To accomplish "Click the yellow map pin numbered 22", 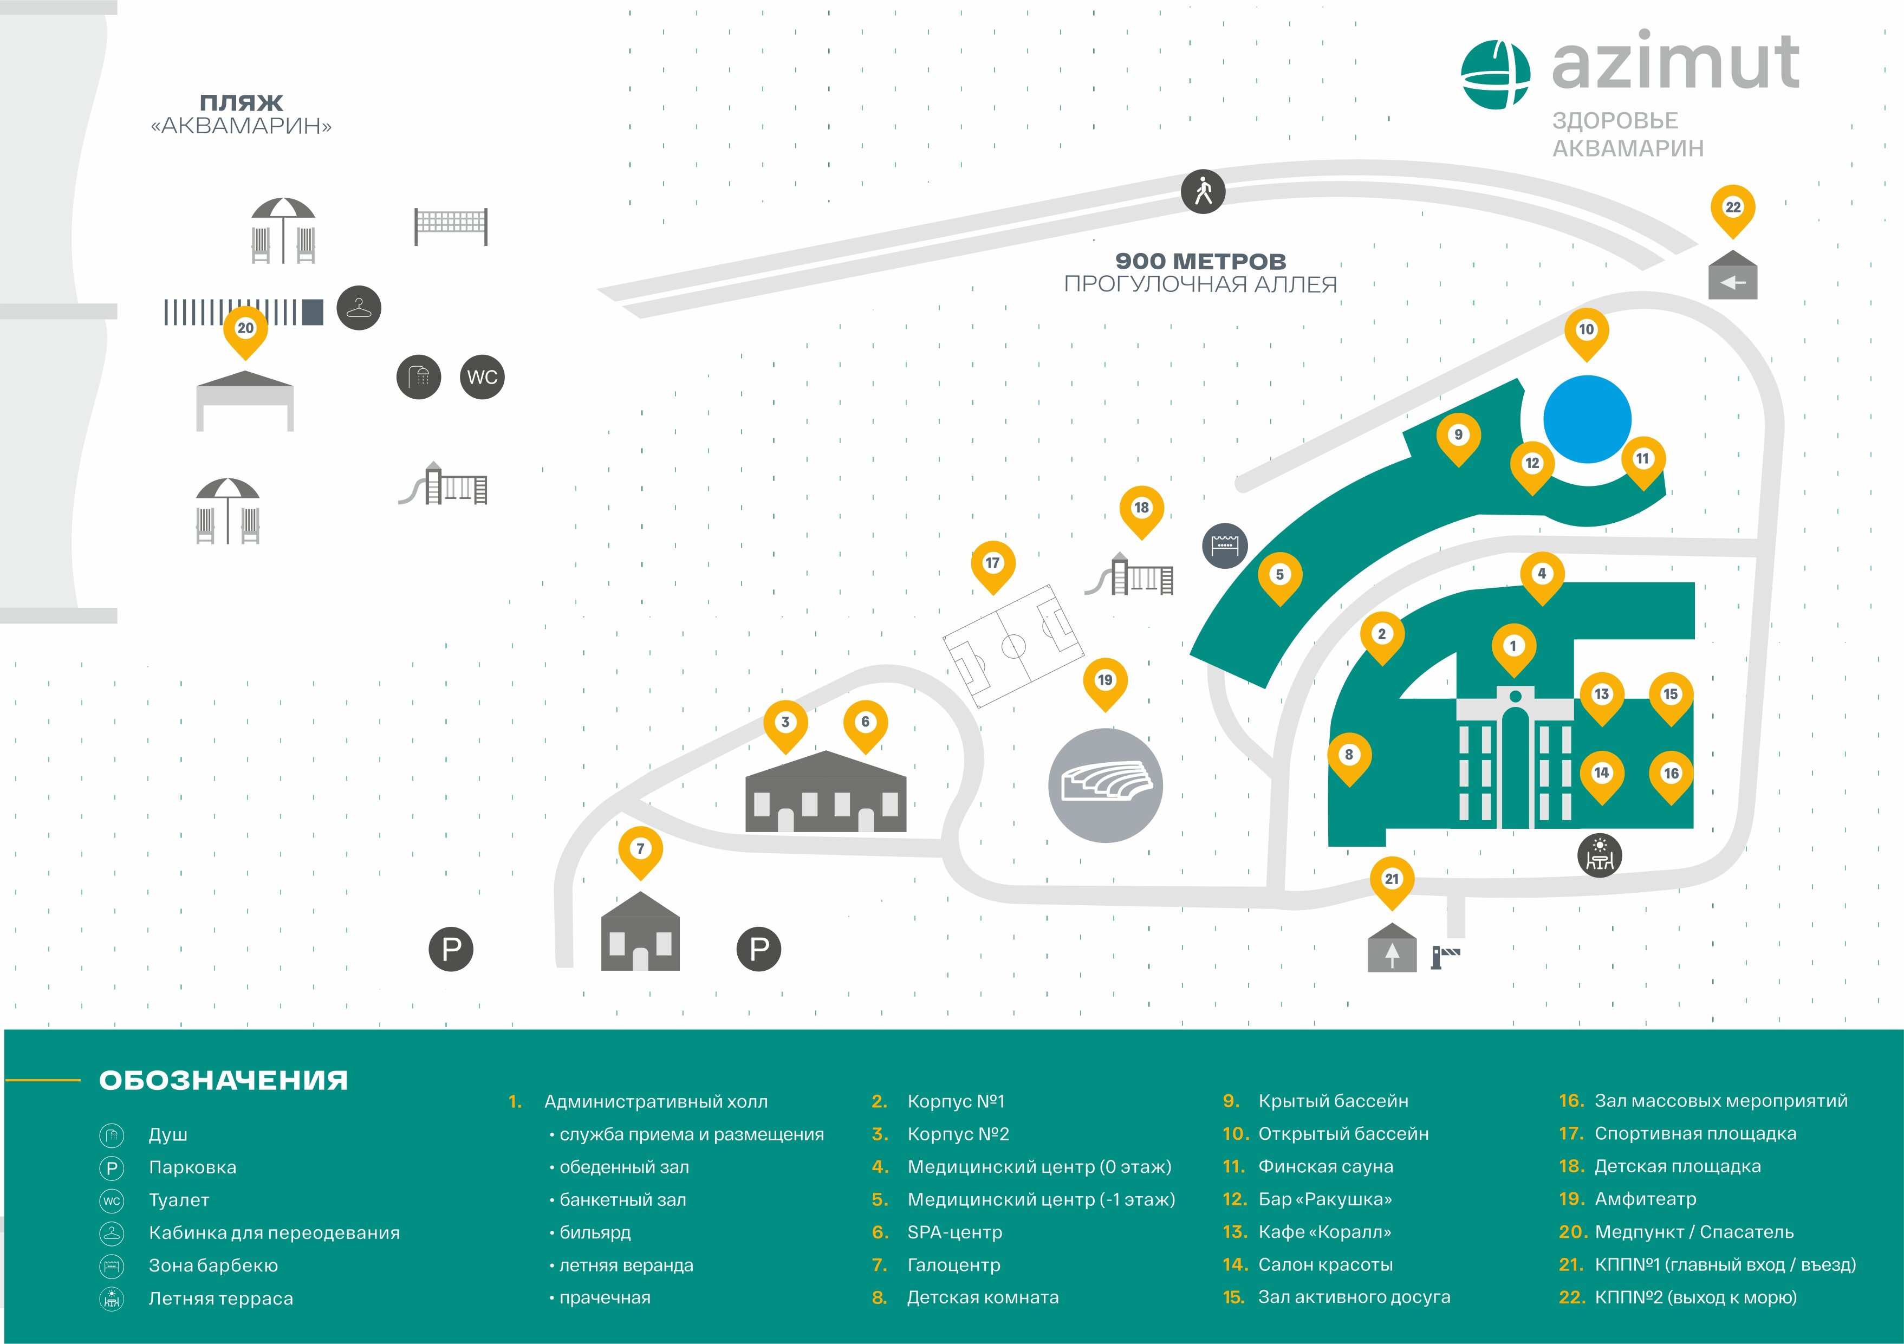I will coord(1732,208).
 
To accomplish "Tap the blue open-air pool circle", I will coord(1587,419).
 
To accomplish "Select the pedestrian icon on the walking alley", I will coord(1203,192).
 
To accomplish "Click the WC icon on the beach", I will coord(482,377).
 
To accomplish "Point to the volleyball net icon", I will coord(451,225).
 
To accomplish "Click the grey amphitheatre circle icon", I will coord(1106,785).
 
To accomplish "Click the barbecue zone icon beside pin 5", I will coord(1224,546).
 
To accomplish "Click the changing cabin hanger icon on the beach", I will coord(358,308).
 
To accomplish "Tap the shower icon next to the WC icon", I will coord(419,377).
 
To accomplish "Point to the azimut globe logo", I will coord(1494,75).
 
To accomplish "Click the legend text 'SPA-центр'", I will coord(954,1232).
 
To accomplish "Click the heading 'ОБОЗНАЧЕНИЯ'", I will coord(223,1080).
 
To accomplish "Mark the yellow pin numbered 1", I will coord(1513,647).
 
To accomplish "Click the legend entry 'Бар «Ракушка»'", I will coord(1324,1199).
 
